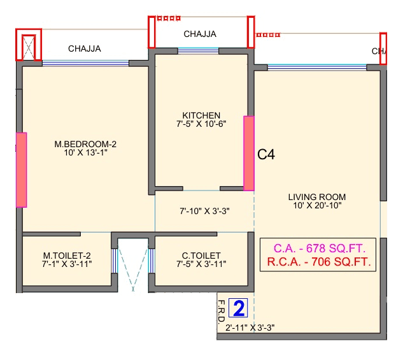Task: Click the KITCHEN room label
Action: [x=201, y=115]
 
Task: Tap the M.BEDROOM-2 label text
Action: [x=85, y=144]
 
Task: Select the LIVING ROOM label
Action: [x=316, y=197]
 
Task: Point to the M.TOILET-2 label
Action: [x=67, y=255]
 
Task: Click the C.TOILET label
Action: [x=201, y=255]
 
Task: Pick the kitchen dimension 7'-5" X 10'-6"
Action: [x=201, y=124]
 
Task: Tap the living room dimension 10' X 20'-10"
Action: [x=316, y=205]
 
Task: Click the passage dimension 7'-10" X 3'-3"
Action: [x=204, y=210]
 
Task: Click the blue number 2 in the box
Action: [x=239, y=309]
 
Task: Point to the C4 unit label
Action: [x=266, y=154]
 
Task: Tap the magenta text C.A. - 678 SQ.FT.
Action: [x=318, y=248]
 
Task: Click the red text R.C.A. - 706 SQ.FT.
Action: [x=318, y=261]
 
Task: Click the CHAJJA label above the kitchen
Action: [x=200, y=34]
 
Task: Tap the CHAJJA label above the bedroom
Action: [x=85, y=48]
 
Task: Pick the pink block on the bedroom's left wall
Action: [x=21, y=169]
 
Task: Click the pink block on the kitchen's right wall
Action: [x=249, y=153]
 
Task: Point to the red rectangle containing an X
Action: [x=29, y=45]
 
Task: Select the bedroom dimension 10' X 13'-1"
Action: [x=85, y=152]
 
